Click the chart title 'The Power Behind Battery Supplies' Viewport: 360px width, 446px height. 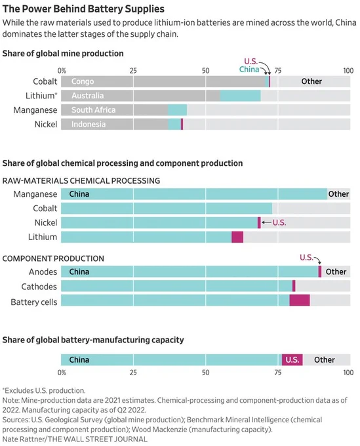pyautogui.click(x=83, y=9)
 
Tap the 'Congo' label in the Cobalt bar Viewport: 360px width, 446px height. pyautogui.click(x=83, y=81)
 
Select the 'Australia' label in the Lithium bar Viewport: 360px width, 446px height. pyautogui.click(x=88, y=96)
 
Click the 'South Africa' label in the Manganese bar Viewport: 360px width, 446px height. pyautogui.click(x=94, y=110)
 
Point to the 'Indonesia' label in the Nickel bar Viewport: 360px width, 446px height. pyautogui.click(x=89, y=125)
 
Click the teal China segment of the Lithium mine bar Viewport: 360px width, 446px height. pyautogui.click(x=240, y=96)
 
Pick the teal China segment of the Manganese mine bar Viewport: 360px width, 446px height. pyautogui.click(x=178, y=110)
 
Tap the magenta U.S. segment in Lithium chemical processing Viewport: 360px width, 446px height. pyautogui.click(x=237, y=237)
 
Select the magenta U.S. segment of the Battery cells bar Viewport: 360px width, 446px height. pyautogui.click(x=300, y=300)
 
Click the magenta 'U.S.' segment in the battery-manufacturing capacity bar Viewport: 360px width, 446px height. pyautogui.click(x=292, y=360)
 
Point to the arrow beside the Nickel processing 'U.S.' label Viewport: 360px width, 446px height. pyautogui.click(x=266, y=222)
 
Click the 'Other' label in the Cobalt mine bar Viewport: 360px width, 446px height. pyautogui.click(x=311, y=81)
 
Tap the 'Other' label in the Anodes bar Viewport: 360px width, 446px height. pyautogui.click(x=336, y=272)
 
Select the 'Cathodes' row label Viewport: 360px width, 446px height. pyautogui.click(x=39, y=287)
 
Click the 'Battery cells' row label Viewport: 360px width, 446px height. pyautogui.click(x=34, y=302)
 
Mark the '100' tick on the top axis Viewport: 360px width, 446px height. pyautogui.click(x=348, y=71)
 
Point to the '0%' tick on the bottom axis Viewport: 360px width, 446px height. pyautogui.click(x=62, y=373)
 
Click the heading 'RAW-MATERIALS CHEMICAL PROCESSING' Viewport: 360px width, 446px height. pyautogui.click(x=81, y=180)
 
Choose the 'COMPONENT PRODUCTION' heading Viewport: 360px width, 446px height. pyautogui.click(x=53, y=258)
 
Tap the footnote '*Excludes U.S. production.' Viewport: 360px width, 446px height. pyautogui.click(x=44, y=390)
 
